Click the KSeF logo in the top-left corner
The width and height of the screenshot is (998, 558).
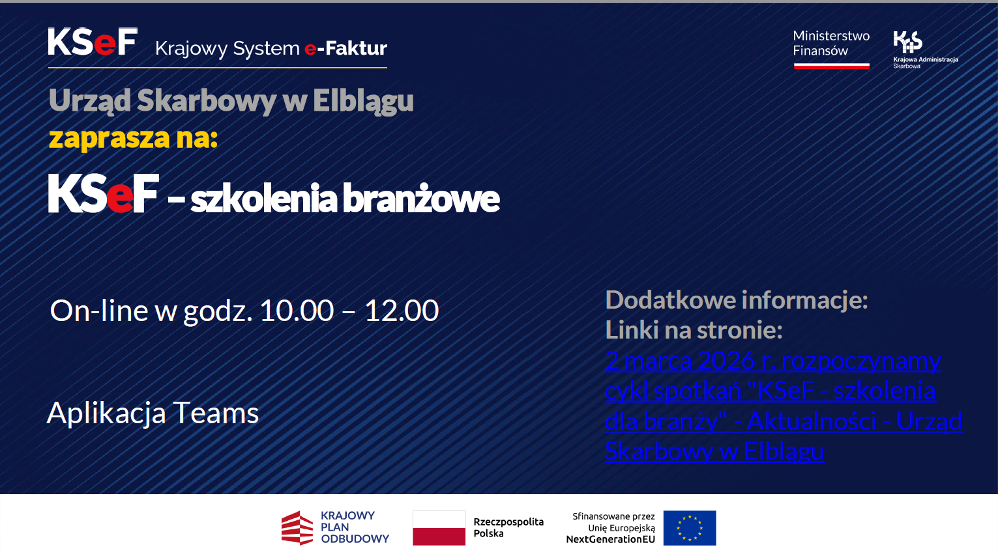93,42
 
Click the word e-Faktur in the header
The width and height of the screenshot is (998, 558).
345,48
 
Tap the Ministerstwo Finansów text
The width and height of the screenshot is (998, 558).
831,43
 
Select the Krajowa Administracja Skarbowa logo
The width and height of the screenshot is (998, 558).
926,49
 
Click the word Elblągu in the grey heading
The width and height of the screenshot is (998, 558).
363,101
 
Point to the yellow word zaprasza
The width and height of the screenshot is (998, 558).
109,139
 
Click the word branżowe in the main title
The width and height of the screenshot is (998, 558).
421,199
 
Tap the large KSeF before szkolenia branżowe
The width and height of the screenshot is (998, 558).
104,193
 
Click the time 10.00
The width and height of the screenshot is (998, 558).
297,310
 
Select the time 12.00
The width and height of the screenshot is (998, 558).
402,310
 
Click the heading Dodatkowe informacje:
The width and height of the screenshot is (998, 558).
737,300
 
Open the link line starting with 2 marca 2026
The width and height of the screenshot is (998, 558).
773,361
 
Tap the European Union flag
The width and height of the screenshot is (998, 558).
690,528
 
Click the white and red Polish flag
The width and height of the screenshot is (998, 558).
439,528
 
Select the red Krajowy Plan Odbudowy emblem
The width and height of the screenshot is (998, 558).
297,528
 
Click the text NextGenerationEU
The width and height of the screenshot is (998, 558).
610,540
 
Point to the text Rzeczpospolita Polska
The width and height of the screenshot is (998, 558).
508,528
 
